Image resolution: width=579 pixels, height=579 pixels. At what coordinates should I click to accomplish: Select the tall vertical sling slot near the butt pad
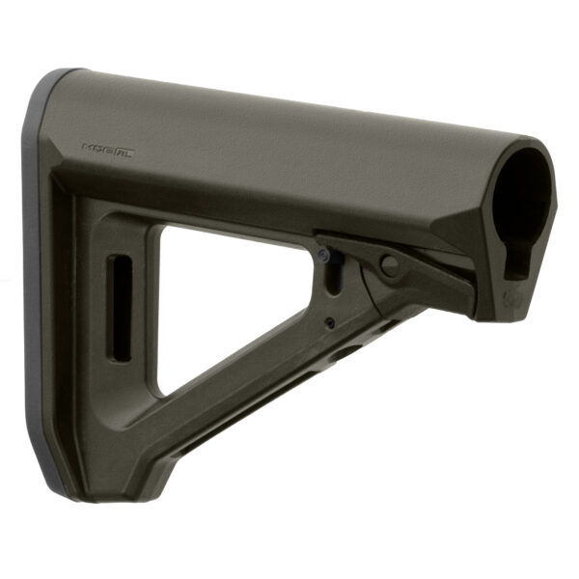[x=121, y=309]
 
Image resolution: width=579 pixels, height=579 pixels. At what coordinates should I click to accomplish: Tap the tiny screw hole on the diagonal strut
[x=329, y=322]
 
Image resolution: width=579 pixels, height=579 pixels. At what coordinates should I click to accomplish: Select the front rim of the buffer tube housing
[x=546, y=174]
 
